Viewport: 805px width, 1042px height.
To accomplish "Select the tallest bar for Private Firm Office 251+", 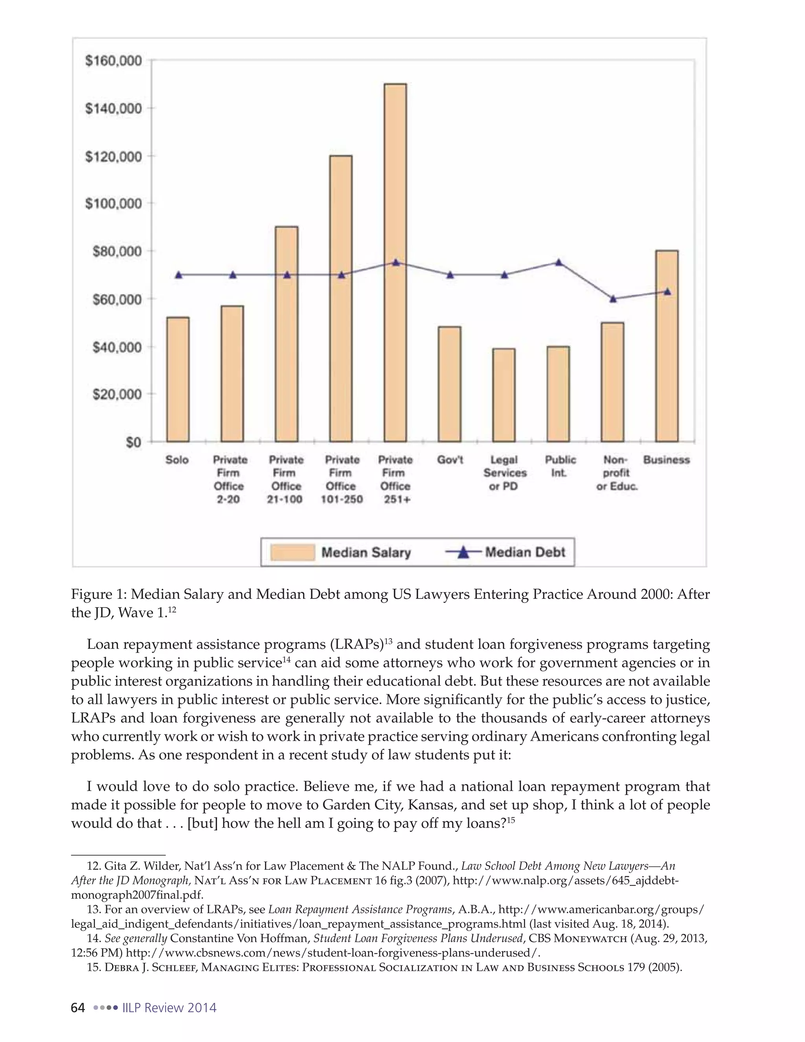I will tap(395, 262).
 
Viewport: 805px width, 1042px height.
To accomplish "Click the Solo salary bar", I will tap(178, 379).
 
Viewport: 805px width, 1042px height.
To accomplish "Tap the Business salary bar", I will tap(667, 346).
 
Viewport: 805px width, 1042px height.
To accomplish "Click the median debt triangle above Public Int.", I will tap(559, 262).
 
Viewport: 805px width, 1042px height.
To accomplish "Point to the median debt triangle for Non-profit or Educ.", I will tap(613, 299).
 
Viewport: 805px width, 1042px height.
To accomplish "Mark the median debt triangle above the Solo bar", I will tap(178, 275).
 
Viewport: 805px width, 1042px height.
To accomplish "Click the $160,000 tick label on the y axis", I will tap(114, 61).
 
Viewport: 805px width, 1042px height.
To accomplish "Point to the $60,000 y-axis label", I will tap(117, 299).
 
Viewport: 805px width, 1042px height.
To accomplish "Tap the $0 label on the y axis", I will tap(134, 442).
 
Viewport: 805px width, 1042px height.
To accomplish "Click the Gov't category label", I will tap(450, 460).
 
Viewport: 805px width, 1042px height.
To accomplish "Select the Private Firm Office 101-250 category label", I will tap(342, 479).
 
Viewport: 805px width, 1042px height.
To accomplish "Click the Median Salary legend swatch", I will tap(292, 552).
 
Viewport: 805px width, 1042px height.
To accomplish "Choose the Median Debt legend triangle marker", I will tap(463, 552).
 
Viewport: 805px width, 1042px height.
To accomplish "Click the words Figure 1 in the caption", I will tap(98, 595).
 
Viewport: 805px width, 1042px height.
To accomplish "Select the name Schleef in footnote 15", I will tap(172, 968).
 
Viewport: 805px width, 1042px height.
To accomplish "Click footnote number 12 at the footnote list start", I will tap(92, 866).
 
